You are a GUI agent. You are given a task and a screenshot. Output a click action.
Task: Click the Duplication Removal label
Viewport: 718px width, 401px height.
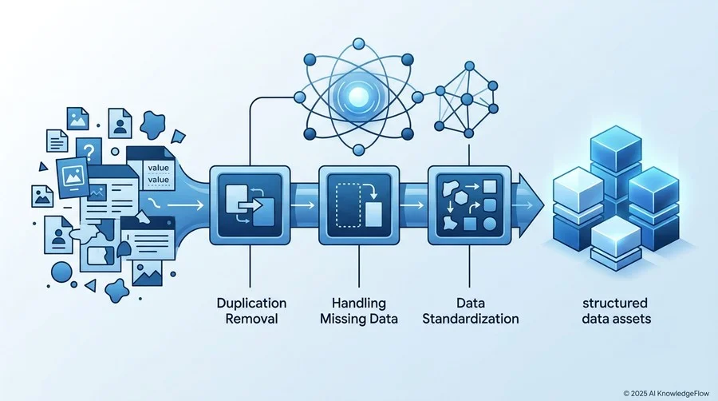coord(251,311)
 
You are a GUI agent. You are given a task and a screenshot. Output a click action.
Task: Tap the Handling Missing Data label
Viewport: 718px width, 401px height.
coord(358,311)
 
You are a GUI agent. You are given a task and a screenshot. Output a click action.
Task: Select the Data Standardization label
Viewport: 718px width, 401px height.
coord(470,311)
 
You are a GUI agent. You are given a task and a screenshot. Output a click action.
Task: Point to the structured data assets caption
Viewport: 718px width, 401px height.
coord(616,311)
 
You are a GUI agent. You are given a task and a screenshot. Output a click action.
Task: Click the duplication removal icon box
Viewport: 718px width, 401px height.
coord(250,205)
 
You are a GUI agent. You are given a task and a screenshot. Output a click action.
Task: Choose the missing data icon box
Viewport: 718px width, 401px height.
coord(359,205)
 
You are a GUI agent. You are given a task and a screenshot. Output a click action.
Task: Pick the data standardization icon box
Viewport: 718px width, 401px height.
coord(469,205)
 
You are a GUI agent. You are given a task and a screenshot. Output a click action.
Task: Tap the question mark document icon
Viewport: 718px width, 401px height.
coord(89,151)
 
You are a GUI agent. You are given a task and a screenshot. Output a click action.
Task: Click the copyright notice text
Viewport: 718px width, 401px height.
coord(666,393)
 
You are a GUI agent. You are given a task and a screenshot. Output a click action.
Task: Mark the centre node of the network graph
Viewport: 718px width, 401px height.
coord(467,99)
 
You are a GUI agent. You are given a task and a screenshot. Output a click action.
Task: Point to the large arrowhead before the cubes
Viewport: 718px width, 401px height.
coord(531,205)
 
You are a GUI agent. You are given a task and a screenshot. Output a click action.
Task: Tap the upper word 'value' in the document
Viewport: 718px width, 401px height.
coord(159,168)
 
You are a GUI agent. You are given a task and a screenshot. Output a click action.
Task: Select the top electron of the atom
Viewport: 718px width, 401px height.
coord(359,44)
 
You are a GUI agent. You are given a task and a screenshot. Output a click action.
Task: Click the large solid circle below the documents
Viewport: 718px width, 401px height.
coord(61,272)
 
